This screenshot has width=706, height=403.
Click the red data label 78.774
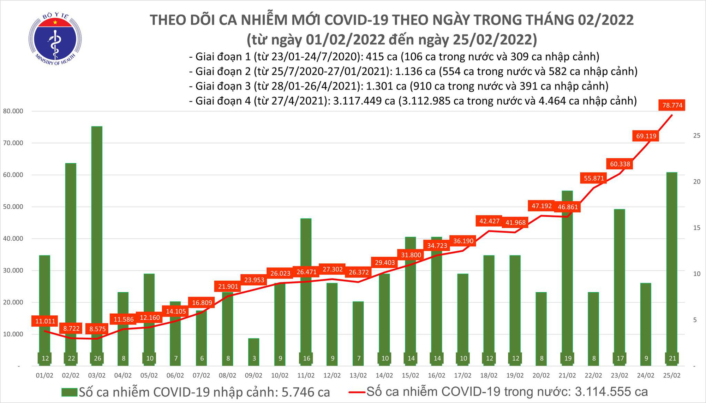click(672, 105)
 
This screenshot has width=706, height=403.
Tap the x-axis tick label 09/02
click(253, 375)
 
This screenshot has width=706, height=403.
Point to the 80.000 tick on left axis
click(13, 111)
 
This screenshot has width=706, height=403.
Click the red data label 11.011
click(45, 321)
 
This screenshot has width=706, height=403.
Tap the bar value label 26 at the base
click(97, 358)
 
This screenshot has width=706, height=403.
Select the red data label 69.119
click(646, 136)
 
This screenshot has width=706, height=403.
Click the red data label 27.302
click(333, 269)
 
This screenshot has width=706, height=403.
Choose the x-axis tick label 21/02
click(567, 375)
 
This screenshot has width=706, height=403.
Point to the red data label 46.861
click(568, 207)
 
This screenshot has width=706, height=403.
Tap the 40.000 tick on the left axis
click(13, 239)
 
